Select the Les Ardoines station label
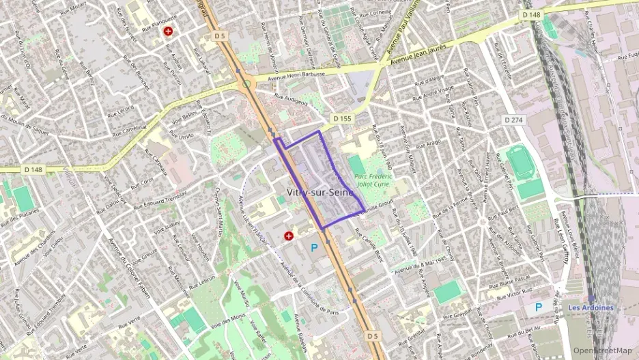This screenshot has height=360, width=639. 591,307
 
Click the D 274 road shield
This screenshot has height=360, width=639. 513,120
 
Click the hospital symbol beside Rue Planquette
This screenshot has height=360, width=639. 168,31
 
